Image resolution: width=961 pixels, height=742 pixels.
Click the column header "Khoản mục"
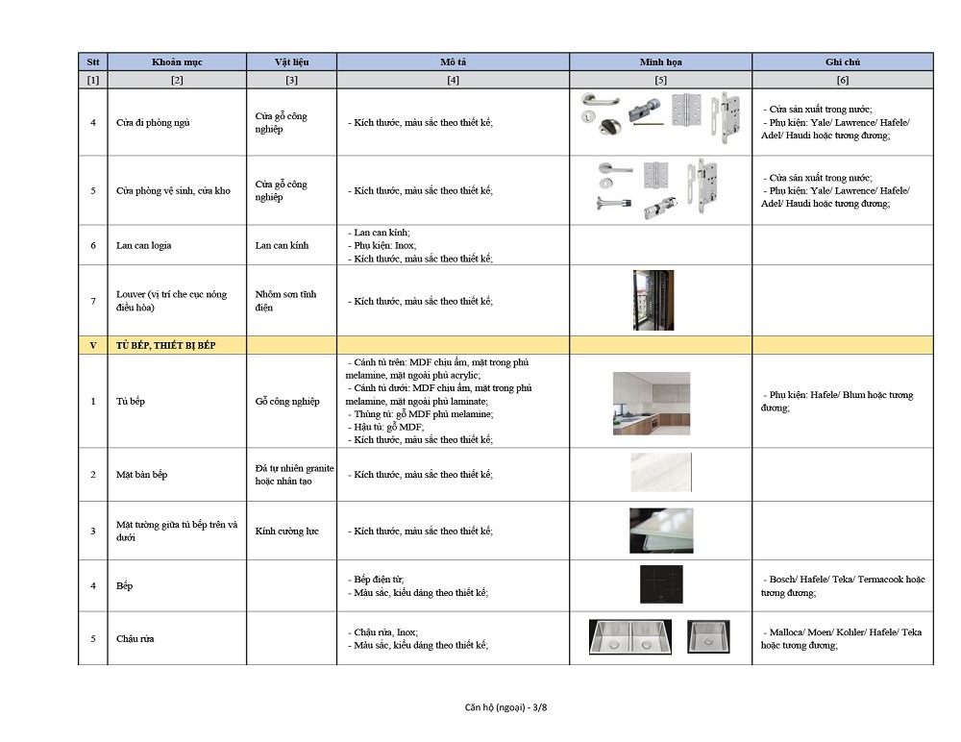pos(177,62)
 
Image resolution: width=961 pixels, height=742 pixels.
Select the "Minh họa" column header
pos(660,62)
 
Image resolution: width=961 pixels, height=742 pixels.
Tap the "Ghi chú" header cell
pos(842,62)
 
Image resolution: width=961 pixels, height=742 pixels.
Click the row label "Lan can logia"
pos(144,245)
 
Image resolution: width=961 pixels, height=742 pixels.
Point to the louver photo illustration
pos(653,300)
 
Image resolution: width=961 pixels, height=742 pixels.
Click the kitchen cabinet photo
pos(651,403)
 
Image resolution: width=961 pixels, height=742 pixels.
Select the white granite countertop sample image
pos(660,473)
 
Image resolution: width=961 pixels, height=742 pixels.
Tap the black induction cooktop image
pos(660,583)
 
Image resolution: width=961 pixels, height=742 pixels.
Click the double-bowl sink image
pos(628,637)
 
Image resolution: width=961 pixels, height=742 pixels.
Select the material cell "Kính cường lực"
pos(286,531)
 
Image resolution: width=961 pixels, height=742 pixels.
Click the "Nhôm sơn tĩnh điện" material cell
pos(285,300)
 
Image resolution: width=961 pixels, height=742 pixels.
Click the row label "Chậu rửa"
pos(135,638)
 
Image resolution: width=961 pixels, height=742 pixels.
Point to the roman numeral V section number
pos(92,345)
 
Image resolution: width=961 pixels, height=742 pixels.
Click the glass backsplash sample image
pos(660,531)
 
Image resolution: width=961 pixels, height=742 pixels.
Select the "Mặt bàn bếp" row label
pos(141,475)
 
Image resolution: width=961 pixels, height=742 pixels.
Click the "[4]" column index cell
pos(453,80)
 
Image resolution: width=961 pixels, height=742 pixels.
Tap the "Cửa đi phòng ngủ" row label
pos(154,123)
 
